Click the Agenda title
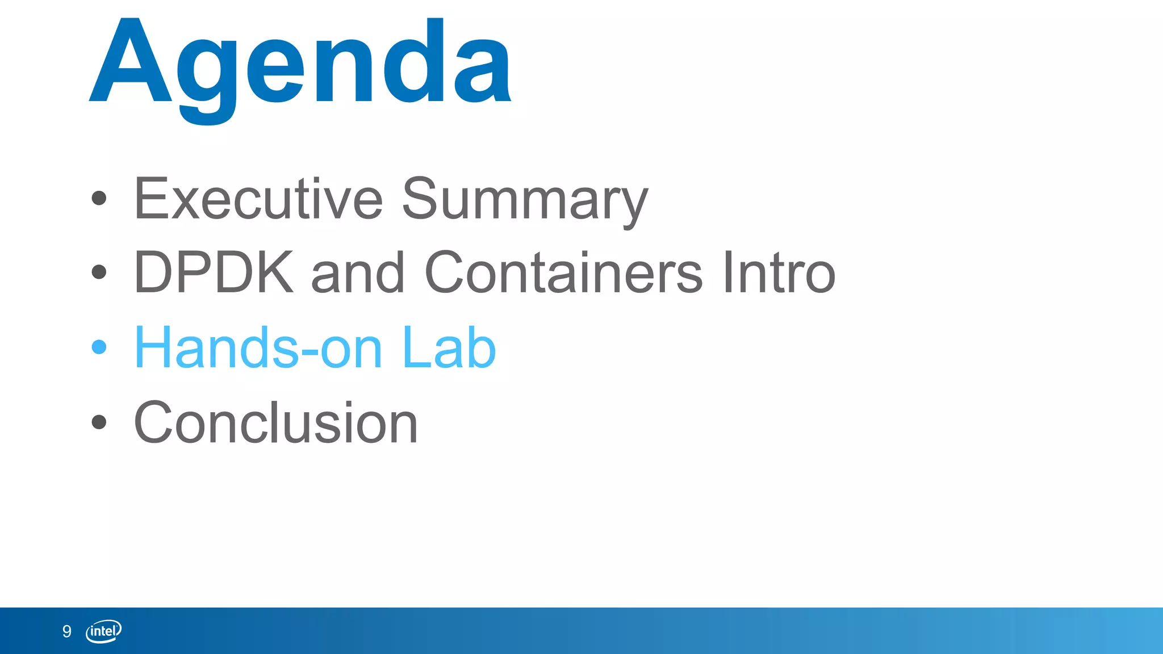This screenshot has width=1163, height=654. click(x=301, y=65)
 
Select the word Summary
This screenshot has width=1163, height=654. click(x=525, y=200)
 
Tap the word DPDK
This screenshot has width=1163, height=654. click(x=214, y=273)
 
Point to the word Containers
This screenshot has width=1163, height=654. click(x=563, y=273)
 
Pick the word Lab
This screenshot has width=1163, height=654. click(x=449, y=347)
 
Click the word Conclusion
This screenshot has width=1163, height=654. click(x=276, y=422)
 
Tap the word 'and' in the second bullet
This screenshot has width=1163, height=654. click(x=358, y=274)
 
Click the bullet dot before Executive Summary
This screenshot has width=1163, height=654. click(x=99, y=198)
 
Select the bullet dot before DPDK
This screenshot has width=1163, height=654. click(x=99, y=272)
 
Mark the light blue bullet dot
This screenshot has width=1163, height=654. click(x=99, y=346)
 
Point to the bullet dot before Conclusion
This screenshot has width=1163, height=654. click(x=99, y=422)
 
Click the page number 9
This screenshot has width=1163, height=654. click(x=67, y=631)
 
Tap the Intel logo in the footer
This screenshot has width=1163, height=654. click(x=103, y=631)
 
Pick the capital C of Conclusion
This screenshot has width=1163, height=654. click(x=153, y=422)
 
